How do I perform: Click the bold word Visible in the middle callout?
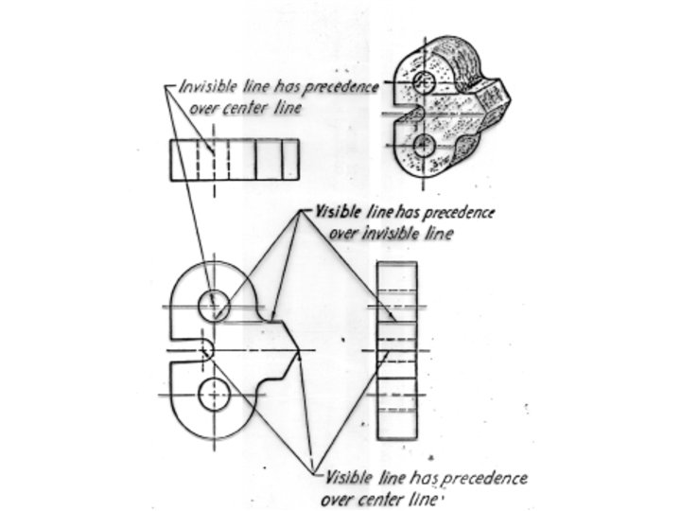tap(335, 213)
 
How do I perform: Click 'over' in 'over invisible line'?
tap(347, 232)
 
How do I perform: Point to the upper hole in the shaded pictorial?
tap(425, 83)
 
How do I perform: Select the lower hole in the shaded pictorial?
tap(425, 144)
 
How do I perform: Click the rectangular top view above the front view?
tap(234, 160)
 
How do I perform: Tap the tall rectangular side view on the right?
tap(396, 350)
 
